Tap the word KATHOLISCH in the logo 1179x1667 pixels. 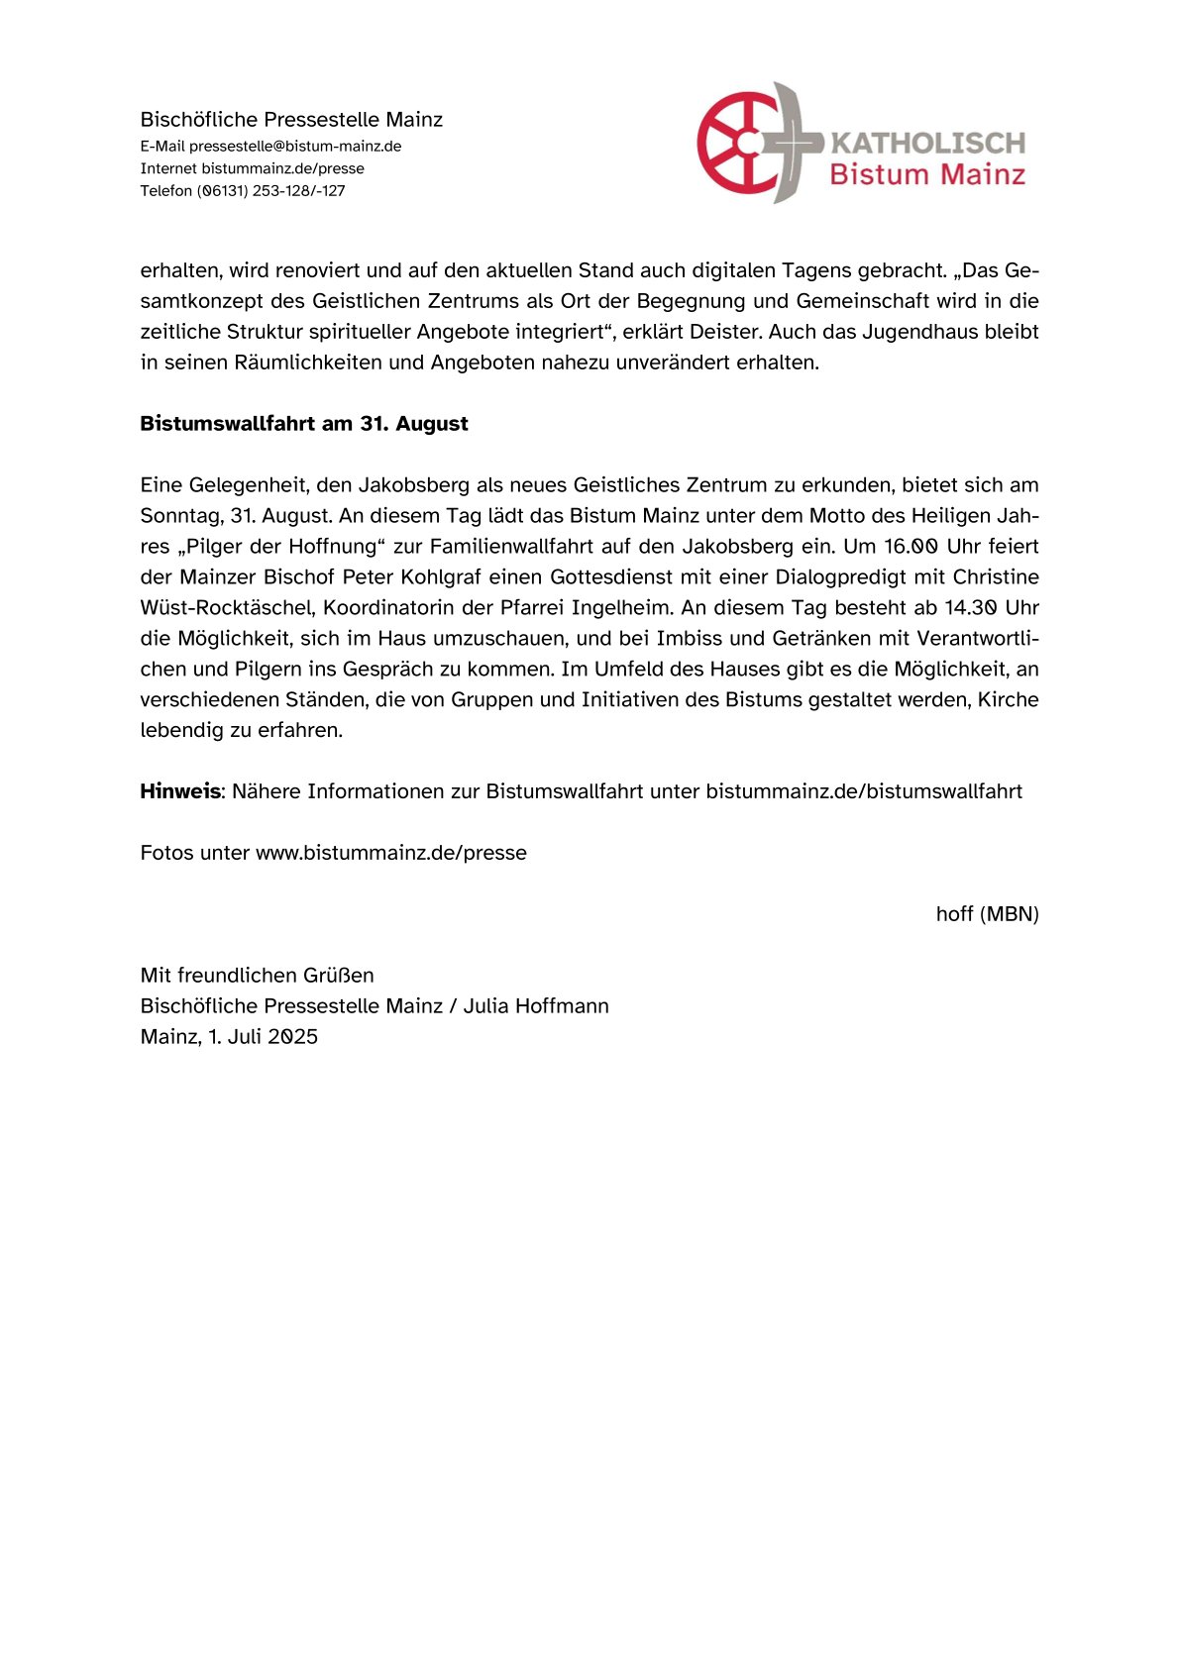click(x=927, y=144)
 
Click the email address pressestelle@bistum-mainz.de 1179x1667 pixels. click(x=295, y=147)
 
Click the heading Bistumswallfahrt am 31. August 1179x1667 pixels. click(x=303, y=424)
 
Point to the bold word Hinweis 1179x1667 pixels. click(x=179, y=791)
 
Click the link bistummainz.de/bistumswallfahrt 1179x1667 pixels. click(x=864, y=791)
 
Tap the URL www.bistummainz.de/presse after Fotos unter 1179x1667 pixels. click(x=391, y=853)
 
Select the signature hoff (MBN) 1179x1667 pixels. click(x=987, y=914)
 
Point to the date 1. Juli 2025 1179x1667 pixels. click(x=263, y=1037)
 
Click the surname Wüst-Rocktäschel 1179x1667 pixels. click(x=227, y=608)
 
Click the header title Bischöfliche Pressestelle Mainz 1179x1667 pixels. click(x=291, y=120)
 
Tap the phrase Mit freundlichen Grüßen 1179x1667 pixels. click(x=257, y=976)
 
